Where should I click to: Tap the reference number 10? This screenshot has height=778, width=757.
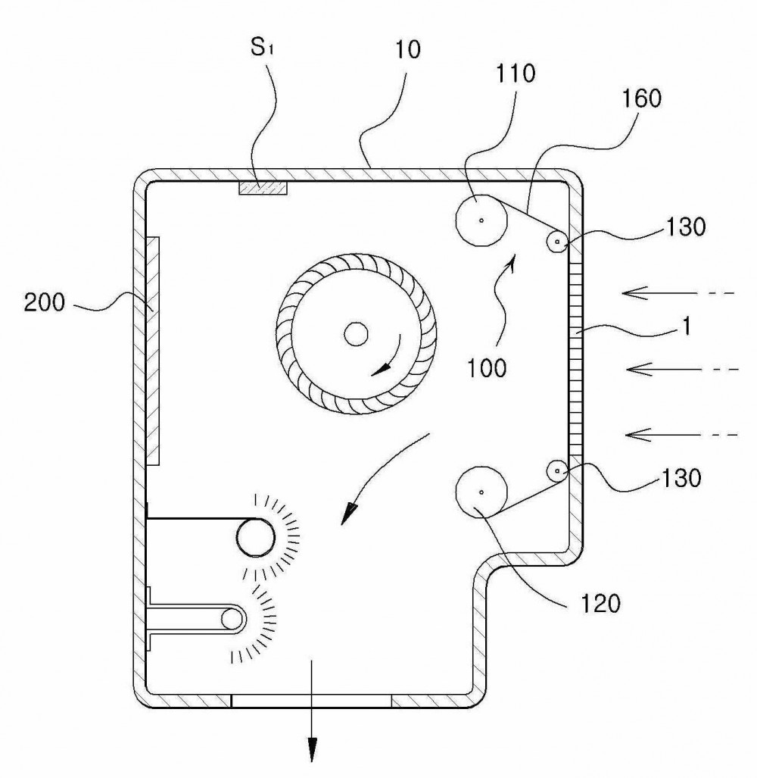tap(408, 49)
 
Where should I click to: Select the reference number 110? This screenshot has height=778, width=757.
tap(515, 73)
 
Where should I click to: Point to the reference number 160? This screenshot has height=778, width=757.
tap(641, 98)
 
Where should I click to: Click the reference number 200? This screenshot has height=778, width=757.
tap(44, 302)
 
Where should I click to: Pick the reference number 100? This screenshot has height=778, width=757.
tap(487, 368)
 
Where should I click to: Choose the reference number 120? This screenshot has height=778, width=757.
tap(600, 604)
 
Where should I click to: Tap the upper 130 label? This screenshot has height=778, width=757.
tap(685, 227)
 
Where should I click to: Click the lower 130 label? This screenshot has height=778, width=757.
tap(681, 478)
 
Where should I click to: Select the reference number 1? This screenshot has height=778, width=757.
tap(686, 327)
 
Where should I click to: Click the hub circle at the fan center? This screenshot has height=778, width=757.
tap(356, 334)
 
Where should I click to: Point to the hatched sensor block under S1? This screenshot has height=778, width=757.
tap(263, 188)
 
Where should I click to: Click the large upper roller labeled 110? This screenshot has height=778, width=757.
tap(481, 220)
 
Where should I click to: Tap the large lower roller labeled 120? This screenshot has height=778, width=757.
tap(481, 492)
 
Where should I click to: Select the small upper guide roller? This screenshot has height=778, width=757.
tap(557, 242)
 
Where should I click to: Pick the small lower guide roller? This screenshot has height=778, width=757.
tap(557, 471)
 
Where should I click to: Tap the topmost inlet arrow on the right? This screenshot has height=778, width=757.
tap(678, 293)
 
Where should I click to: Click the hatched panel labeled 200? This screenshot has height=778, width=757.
tap(153, 351)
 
